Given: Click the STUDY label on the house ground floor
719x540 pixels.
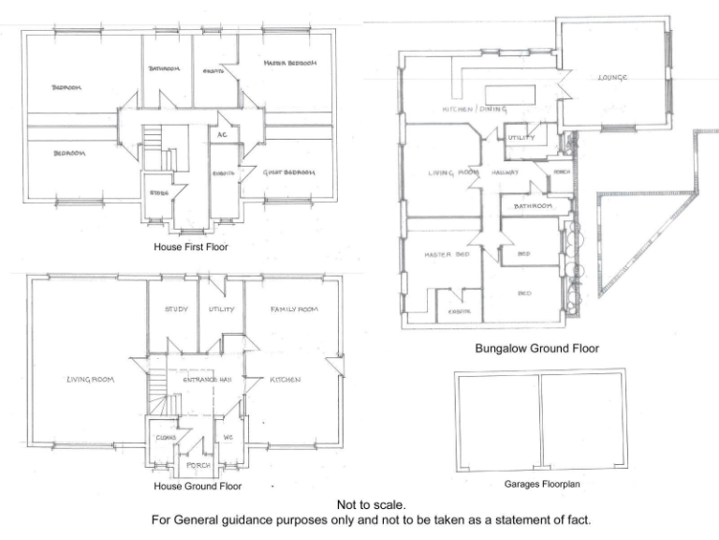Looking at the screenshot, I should click(176, 309).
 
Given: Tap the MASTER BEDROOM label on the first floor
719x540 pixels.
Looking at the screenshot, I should click(290, 64).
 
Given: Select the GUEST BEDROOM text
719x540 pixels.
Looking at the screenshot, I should click(288, 172).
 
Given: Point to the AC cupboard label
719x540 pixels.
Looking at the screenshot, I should click(222, 135).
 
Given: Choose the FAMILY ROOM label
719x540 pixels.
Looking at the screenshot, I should click(294, 309).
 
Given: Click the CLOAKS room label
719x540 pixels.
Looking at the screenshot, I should click(166, 437).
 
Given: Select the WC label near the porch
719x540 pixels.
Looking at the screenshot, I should click(227, 437).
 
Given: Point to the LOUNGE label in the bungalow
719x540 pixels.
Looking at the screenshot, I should click(612, 78).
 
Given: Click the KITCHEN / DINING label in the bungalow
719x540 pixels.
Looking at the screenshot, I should click(473, 110).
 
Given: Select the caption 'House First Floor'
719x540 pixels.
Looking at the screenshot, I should click(190, 247).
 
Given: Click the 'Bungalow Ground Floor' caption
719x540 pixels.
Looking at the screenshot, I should click(536, 349).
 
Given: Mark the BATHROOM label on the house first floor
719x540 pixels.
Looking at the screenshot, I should click(165, 68).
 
